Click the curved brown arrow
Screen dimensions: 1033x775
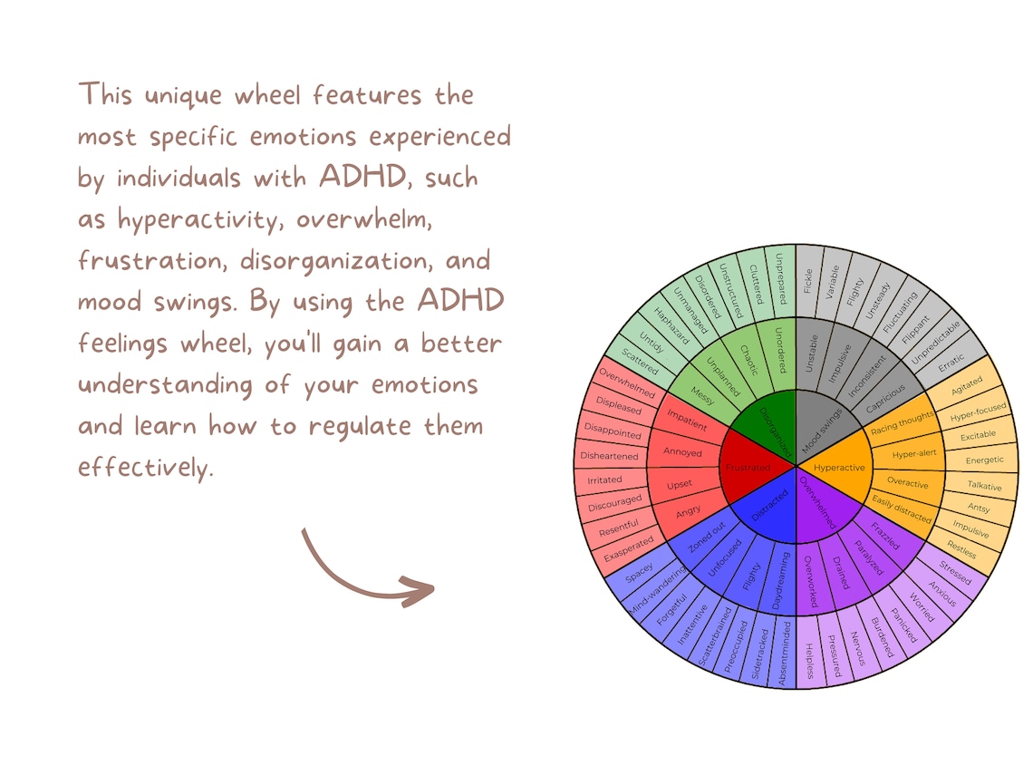click(x=362, y=571)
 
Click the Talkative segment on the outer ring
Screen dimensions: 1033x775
click(x=984, y=486)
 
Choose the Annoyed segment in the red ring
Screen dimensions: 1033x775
click(x=682, y=452)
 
